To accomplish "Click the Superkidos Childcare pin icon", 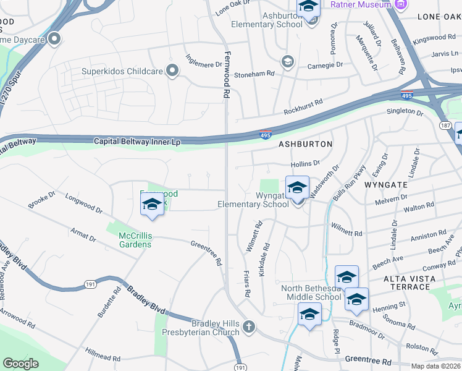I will click(x=172, y=72).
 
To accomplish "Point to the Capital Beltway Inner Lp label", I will click(x=137, y=142).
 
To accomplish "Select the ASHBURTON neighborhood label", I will click(x=305, y=144).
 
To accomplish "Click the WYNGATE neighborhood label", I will click(x=386, y=184).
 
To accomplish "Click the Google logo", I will click(x=20, y=364).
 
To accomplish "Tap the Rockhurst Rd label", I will click(x=303, y=107).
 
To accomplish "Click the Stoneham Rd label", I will click(x=253, y=74).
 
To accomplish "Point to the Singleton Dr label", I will click(x=405, y=113).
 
